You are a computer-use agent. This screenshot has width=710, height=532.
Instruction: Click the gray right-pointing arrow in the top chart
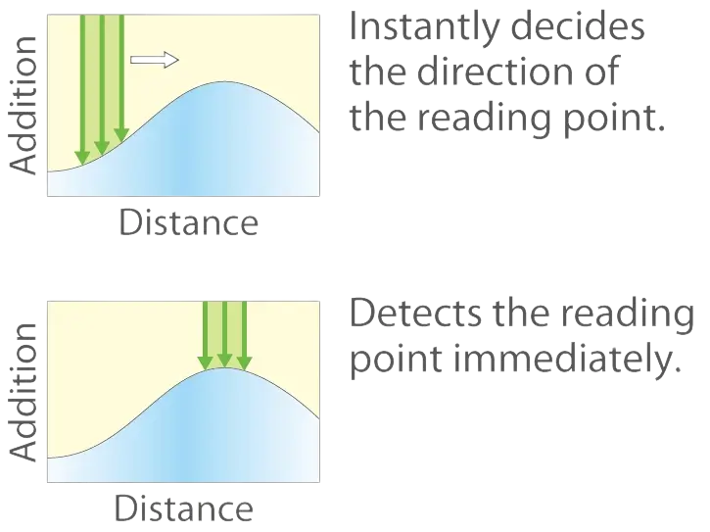pyautogui.click(x=155, y=61)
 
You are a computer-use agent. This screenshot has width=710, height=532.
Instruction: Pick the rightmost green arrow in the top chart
pyautogui.click(x=120, y=69)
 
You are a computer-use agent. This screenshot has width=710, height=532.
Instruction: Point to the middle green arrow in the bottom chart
pyautogui.click(x=224, y=333)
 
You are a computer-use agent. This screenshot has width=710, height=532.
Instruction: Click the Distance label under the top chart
pyautogui.click(x=188, y=222)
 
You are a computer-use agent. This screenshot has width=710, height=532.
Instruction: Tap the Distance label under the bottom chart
pyautogui.click(x=185, y=508)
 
